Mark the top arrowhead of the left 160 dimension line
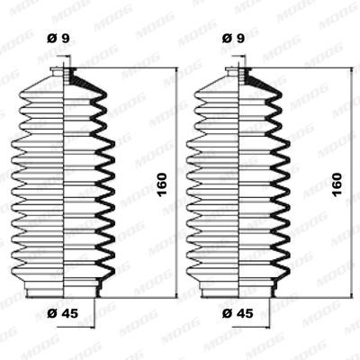158,72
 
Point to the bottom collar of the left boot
66,287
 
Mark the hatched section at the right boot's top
256,82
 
